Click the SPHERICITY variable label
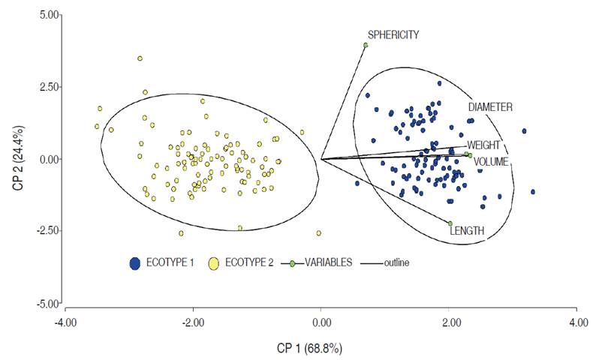tap(393, 34)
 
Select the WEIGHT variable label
tap(484, 145)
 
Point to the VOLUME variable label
tap(492, 161)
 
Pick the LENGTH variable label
tap(467, 231)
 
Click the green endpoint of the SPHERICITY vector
tap(366, 45)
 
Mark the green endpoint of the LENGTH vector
tap(450, 223)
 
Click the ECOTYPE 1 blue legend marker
tap(135, 263)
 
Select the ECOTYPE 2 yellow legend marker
tap(214, 263)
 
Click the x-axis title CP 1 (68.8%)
tap(321, 349)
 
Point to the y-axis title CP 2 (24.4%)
tap(17, 159)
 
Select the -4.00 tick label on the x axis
tap(66, 322)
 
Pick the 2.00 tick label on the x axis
tap(449, 322)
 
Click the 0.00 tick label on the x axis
tap(321, 322)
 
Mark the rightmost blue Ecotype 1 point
tap(533, 192)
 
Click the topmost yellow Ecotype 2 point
tap(140, 58)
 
